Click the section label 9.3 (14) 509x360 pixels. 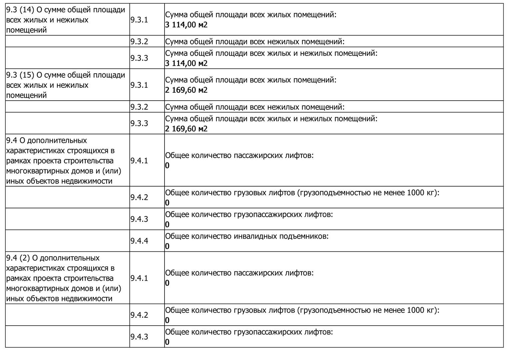[x=20, y=10]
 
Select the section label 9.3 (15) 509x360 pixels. [x=20, y=75]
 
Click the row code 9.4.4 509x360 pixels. [x=139, y=241]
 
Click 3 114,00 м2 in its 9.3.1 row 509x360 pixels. [x=186, y=25]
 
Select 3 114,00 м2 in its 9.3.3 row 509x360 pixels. [x=186, y=63]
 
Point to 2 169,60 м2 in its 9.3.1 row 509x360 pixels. [x=186, y=90]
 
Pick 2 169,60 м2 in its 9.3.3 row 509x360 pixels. [x=186, y=129]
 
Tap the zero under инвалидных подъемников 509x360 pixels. [x=167, y=246]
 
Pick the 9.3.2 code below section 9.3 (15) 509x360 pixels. [x=139, y=107]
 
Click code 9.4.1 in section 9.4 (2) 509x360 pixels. [x=139, y=278]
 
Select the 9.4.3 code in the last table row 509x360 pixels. [x=139, y=337]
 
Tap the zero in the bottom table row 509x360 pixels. [x=167, y=342]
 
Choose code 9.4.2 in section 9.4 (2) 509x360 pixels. [x=139, y=315]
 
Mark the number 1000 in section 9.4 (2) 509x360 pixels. [x=416, y=310]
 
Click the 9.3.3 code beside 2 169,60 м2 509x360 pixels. [x=139, y=123]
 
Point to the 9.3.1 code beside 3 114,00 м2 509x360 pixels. [x=139, y=20]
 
